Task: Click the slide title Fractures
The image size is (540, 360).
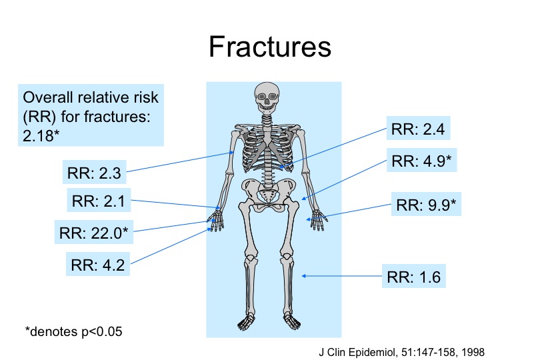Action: coord(270,47)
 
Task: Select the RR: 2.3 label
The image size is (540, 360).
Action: coord(94,172)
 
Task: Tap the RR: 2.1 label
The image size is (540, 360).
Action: coord(99,200)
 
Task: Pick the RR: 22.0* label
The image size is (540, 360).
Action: coord(94,232)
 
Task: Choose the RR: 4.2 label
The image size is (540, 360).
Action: coord(98,264)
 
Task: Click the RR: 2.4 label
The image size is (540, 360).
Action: coord(418,129)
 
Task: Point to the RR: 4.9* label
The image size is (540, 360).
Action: coord(421,160)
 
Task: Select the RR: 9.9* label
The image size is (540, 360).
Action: coord(426,204)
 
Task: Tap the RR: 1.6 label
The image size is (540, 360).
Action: coord(413,276)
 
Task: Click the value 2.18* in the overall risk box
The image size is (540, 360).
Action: coord(41,135)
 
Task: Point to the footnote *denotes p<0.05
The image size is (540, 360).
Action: coord(74,331)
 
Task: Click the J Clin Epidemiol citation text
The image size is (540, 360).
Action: coord(401,352)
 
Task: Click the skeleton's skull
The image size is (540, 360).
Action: coord(267,97)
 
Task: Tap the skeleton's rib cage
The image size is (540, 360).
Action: coord(268,148)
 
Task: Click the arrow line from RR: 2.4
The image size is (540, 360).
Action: coord(333,148)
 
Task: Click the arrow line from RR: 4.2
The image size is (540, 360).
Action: coord(171,245)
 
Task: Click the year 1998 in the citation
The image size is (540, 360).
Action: coord(473,352)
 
